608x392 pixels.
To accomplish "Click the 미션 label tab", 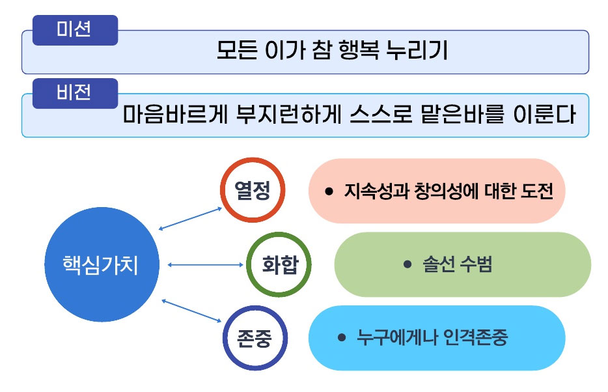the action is (x=75, y=30).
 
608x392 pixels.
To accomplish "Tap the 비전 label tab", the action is (x=75, y=94).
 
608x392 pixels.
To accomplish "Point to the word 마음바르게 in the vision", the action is (x=175, y=114).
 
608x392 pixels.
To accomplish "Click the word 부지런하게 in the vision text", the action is (x=289, y=114).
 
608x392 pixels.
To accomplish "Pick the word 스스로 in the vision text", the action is (x=381, y=114).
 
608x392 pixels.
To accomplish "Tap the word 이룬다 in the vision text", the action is (x=544, y=114).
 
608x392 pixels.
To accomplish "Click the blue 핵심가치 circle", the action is (x=102, y=264).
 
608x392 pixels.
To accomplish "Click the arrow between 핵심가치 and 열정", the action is (x=190, y=219).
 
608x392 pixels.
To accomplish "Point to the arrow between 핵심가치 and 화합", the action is (x=206, y=265).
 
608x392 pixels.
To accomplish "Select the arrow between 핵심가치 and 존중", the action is (x=191, y=311).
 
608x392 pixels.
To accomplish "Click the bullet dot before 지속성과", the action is (x=329, y=191).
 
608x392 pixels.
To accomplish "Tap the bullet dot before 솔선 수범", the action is (x=407, y=264).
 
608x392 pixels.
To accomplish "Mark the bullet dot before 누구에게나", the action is (x=342, y=337).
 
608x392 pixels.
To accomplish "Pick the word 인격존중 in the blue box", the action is (x=475, y=337).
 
